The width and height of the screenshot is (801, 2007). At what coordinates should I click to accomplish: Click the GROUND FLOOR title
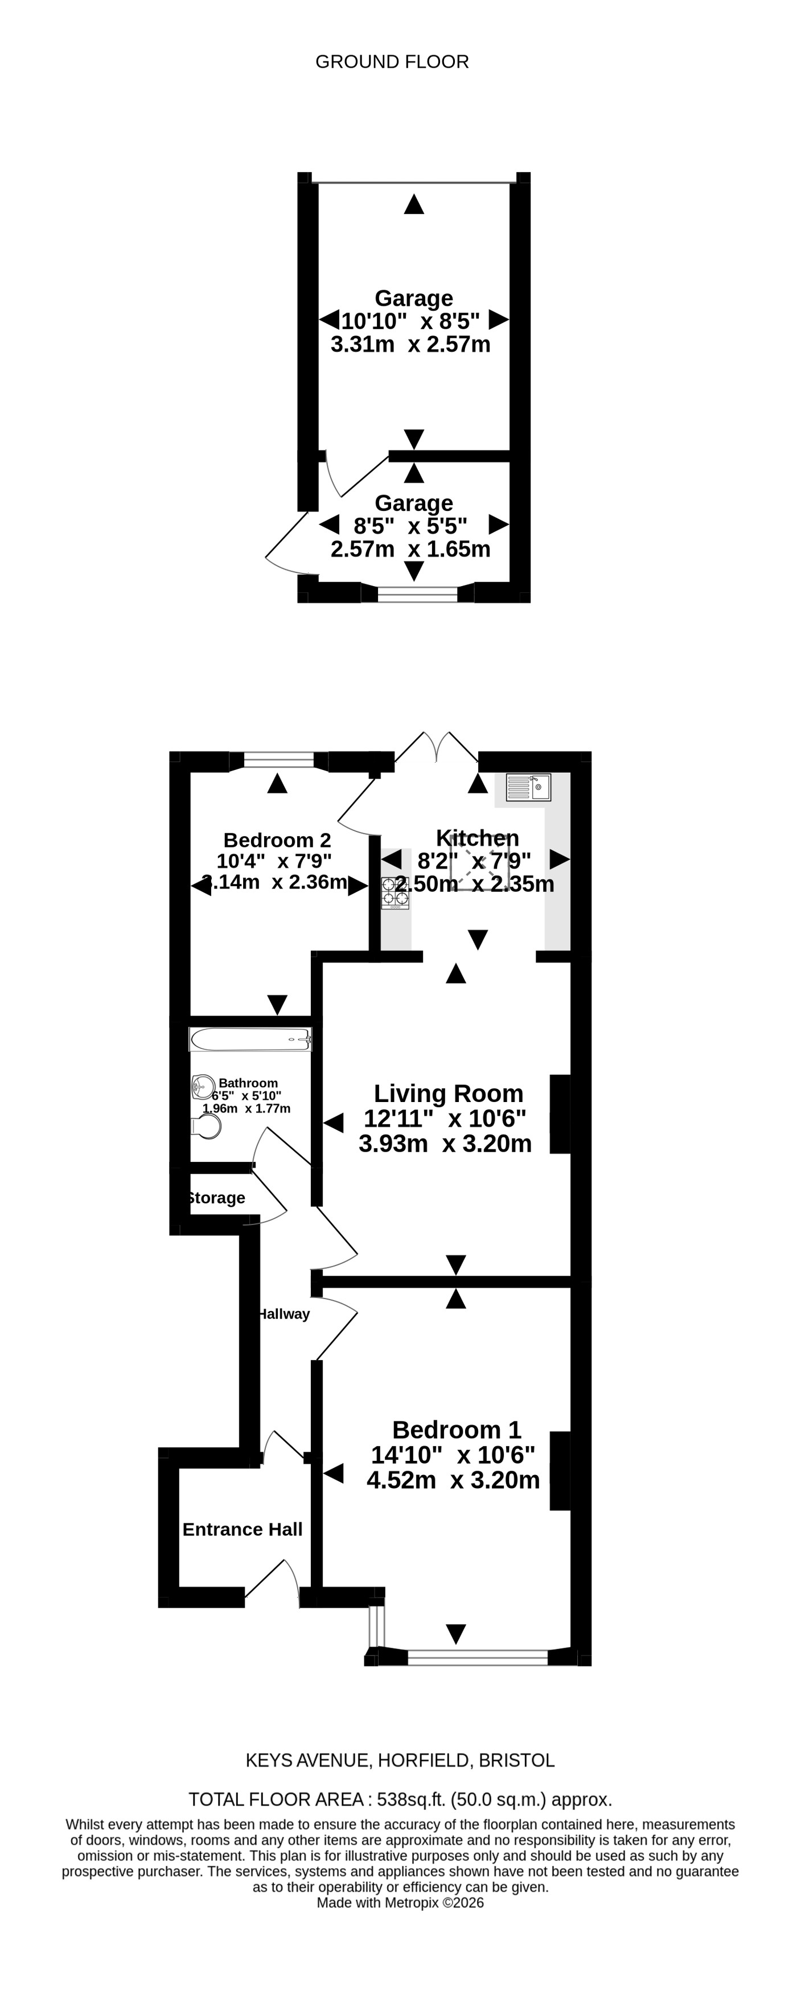tap(392, 62)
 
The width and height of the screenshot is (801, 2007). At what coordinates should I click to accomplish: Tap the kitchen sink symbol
tap(528, 787)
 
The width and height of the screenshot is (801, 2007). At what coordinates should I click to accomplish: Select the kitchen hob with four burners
tap(395, 893)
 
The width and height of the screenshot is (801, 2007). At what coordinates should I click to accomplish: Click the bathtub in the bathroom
tap(251, 1039)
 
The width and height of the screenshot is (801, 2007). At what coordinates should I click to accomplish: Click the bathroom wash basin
tap(203, 1086)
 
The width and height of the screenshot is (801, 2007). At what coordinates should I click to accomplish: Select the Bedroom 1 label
tap(457, 1430)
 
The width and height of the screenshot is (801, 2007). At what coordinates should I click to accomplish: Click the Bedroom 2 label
tap(277, 840)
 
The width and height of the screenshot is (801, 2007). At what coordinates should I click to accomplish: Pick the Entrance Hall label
tap(243, 1529)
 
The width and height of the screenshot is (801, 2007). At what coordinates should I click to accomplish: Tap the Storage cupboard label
tap(216, 1198)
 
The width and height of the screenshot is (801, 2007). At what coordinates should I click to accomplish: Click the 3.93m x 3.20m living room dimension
tap(445, 1143)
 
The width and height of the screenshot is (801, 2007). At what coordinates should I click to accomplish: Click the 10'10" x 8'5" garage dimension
tap(410, 320)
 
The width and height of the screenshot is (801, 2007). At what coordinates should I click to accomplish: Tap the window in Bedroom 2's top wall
tap(278, 760)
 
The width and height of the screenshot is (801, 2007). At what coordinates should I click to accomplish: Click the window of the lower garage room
tap(418, 595)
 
